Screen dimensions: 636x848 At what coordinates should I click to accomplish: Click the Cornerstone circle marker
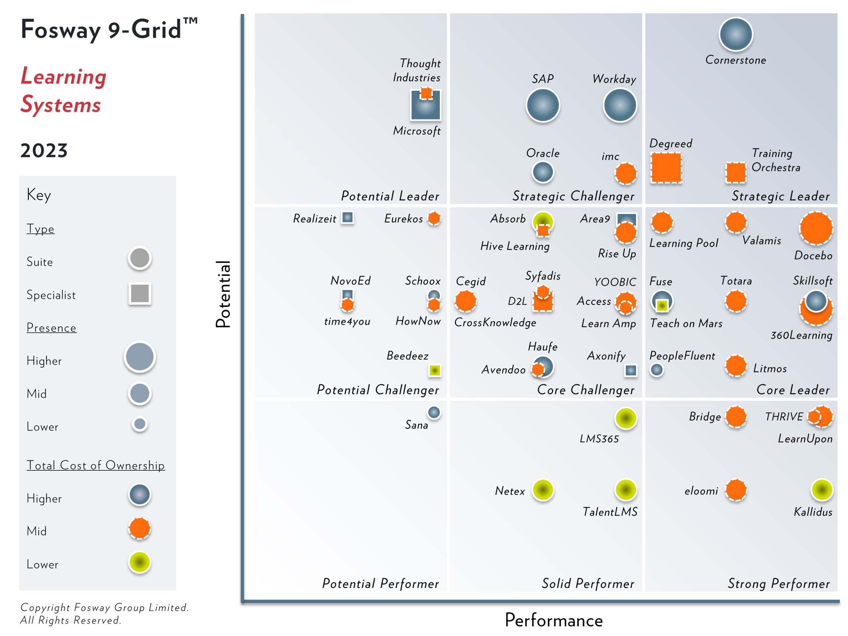pos(735,34)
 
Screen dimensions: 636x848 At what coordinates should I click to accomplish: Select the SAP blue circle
pos(543,105)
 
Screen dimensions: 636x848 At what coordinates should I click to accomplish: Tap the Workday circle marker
pos(619,105)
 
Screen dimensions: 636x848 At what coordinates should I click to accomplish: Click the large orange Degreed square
pos(666,168)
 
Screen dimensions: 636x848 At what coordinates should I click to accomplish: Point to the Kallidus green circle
pos(821,490)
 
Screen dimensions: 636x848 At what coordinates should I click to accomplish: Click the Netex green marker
pos(543,490)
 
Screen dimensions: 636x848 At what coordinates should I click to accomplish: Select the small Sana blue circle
pos(434,412)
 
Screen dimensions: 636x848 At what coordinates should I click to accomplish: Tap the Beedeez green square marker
pos(434,370)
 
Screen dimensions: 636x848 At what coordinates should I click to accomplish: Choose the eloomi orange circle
pos(736,490)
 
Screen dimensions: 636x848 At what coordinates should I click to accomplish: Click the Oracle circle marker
pos(543,172)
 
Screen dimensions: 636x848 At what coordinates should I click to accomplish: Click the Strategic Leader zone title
pos(780,196)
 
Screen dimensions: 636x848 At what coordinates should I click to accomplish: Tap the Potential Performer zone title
pos(380,583)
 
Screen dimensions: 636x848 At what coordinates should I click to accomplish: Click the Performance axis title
pos(553,620)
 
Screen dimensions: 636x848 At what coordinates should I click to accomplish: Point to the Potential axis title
pos(223,294)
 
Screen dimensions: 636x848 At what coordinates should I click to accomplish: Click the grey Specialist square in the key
pos(139,294)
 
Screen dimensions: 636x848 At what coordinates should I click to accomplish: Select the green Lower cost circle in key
pos(139,562)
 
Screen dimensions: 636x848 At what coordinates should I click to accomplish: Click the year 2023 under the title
pos(44,150)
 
